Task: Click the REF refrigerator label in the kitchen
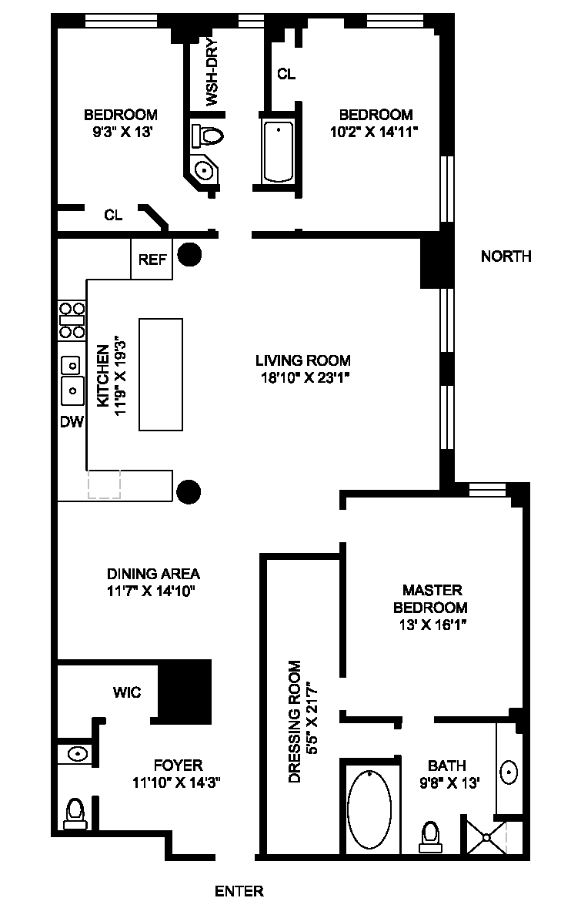pyautogui.click(x=152, y=260)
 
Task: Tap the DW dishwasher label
pyautogui.click(x=72, y=422)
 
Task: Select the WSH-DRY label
pyautogui.click(x=211, y=72)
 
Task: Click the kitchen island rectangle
pyautogui.click(x=161, y=374)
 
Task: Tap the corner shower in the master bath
pyautogui.click(x=486, y=839)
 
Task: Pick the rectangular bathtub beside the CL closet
pyautogui.click(x=279, y=152)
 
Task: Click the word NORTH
pyautogui.click(x=506, y=256)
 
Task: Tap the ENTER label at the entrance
pyautogui.click(x=239, y=890)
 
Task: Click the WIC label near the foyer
pyautogui.click(x=127, y=692)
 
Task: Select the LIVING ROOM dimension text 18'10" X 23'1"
pyautogui.click(x=303, y=377)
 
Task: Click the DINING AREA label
pyautogui.click(x=153, y=573)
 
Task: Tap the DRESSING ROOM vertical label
pyautogui.click(x=294, y=722)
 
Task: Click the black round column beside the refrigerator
pyautogui.click(x=189, y=254)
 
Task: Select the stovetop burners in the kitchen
pyautogui.click(x=72, y=320)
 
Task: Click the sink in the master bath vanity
pyautogui.click(x=509, y=772)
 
